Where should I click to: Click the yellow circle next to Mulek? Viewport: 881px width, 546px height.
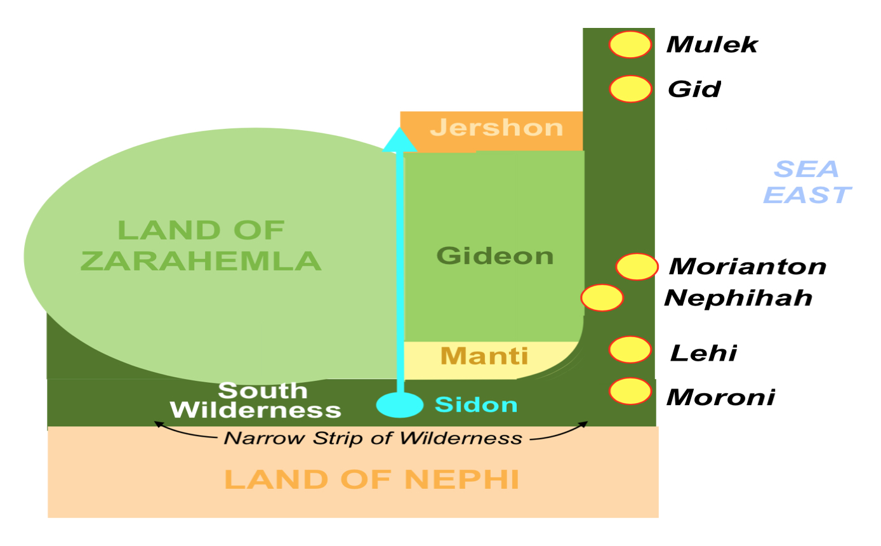(x=630, y=44)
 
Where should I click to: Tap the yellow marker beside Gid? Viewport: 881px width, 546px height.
(x=630, y=89)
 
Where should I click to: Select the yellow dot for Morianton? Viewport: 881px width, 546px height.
(x=637, y=267)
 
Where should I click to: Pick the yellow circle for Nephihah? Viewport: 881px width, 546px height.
(x=602, y=298)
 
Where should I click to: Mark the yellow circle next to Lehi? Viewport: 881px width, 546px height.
(x=630, y=350)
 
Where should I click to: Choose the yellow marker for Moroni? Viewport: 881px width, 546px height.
(x=630, y=391)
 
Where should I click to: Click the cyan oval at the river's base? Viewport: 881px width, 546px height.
(x=400, y=405)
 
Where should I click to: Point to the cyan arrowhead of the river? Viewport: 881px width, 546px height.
(x=400, y=140)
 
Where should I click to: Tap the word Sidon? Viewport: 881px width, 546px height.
(x=476, y=404)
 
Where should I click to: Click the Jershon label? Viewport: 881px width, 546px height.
(x=496, y=128)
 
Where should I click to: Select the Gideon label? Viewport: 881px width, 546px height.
(x=495, y=256)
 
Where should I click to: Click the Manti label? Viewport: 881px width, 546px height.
(x=484, y=356)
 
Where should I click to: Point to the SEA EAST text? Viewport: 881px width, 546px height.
(x=807, y=182)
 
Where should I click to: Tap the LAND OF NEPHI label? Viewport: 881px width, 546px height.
(x=371, y=479)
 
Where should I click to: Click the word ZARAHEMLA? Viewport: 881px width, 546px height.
(x=201, y=261)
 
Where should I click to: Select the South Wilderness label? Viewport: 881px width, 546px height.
(x=255, y=401)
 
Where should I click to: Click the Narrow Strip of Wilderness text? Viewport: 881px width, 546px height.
(x=373, y=438)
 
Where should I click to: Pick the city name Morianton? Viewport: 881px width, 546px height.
(x=748, y=266)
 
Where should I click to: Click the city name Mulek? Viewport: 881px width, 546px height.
(x=712, y=44)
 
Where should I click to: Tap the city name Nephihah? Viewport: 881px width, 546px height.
(x=738, y=298)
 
